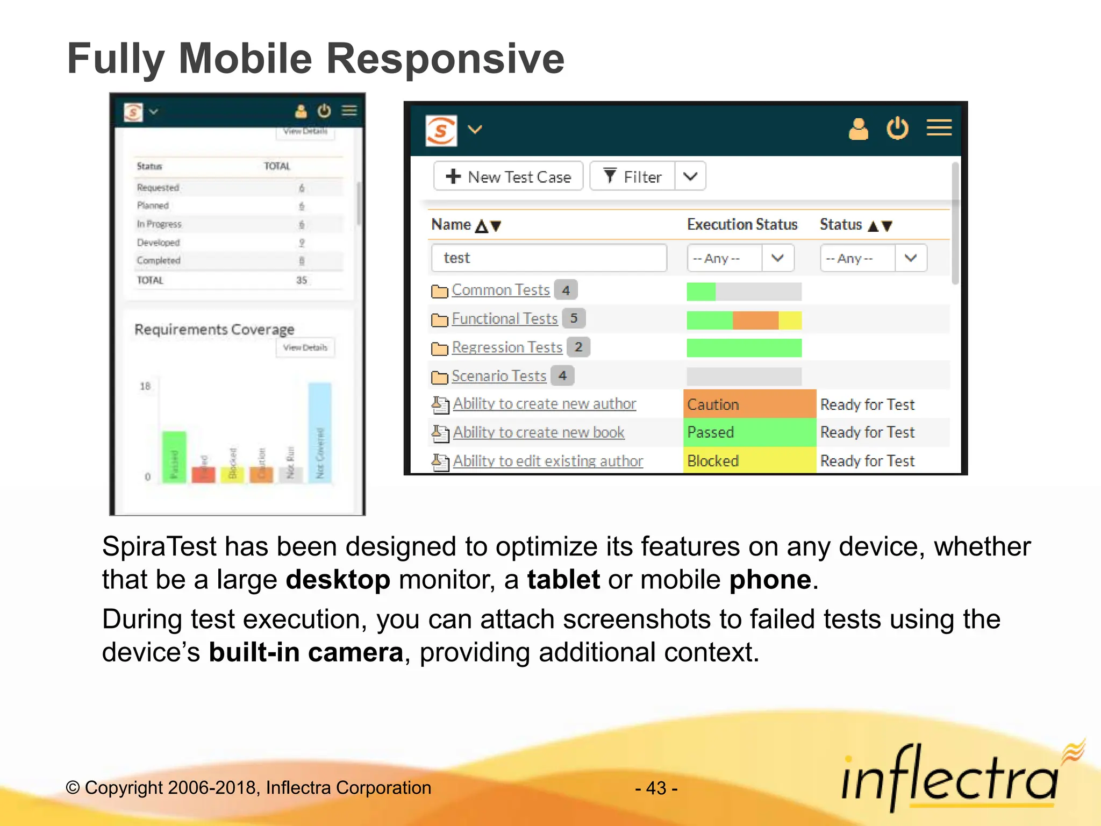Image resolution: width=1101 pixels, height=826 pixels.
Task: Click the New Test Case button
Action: (x=509, y=176)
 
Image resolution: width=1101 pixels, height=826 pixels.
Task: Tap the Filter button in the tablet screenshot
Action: (x=633, y=176)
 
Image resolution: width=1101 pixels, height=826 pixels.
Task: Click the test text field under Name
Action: (x=548, y=258)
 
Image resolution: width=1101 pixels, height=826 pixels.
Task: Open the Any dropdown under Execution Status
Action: (x=740, y=258)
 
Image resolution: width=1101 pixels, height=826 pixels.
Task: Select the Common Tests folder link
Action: (x=501, y=290)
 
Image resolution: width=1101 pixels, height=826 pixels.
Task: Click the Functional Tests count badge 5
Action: (x=574, y=318)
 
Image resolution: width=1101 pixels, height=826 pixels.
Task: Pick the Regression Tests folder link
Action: (x=506, y=347)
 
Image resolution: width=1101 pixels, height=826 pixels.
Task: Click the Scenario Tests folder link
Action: (x=498, y=376)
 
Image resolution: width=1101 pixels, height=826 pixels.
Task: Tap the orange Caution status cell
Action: (x=749, y=404)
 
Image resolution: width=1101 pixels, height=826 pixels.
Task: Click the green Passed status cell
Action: (x=749, y=432)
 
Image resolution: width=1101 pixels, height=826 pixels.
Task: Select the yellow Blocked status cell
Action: (x=749, y=461)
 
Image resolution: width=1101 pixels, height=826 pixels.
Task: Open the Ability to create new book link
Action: (x=538, y=432)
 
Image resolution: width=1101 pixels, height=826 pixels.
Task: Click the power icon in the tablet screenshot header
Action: (x=897, y=129)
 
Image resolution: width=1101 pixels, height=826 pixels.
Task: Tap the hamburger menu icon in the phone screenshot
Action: (x=349, y=111)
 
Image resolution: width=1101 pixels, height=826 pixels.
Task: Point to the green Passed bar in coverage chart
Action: (x=174, y=457)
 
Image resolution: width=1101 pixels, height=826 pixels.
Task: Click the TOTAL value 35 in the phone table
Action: (x=302, y=280)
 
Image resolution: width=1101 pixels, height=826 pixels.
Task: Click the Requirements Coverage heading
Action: (x=214, y=329)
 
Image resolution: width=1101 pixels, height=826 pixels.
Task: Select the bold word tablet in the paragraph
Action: (x=563, y=580)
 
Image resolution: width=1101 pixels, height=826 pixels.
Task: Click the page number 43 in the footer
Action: (x=656, y=788)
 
